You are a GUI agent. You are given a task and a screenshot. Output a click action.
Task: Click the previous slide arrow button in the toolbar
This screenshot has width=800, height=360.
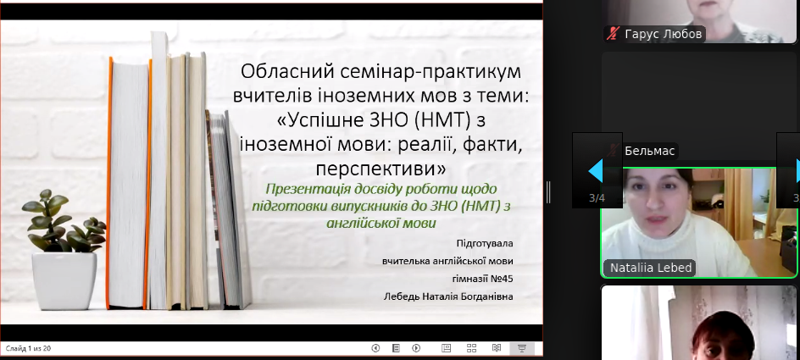click(375, 348)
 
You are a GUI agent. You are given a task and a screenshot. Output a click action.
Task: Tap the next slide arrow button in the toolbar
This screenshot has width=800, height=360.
click(416, 348)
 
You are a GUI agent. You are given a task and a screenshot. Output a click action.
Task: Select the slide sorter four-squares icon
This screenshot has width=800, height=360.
click(471, 348)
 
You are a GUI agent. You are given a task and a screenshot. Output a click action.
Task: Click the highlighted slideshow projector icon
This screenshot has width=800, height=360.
click(522, 348)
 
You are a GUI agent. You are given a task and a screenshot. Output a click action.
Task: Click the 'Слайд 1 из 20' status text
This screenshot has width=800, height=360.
click(29, 349)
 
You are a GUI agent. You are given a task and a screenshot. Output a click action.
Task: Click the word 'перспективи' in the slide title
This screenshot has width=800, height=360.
click(381, 167)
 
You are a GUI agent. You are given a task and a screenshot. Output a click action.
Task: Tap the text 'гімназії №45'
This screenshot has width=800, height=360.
click(483, 279)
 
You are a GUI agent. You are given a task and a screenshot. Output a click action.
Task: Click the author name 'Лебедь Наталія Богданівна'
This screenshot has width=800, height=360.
click(448, 296)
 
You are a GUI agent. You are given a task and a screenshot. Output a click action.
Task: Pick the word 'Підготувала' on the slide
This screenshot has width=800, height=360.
click(485, 244)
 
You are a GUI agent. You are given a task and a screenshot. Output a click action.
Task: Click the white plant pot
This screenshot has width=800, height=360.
click(64, 281)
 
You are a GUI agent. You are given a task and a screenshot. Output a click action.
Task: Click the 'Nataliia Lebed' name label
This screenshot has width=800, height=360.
click(651, 269)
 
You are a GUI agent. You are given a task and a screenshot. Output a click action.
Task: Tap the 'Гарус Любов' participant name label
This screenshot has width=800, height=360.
click(664, 34)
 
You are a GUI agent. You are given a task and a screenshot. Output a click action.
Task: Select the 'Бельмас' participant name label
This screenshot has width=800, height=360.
click(649, 151)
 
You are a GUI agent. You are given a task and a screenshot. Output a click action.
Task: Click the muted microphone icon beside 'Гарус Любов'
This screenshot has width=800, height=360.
click(614, 34)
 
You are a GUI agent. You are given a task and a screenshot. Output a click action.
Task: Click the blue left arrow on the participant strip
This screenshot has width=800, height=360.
click(596, 171)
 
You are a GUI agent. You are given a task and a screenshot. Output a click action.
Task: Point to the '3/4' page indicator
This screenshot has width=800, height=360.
click(597, 198)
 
